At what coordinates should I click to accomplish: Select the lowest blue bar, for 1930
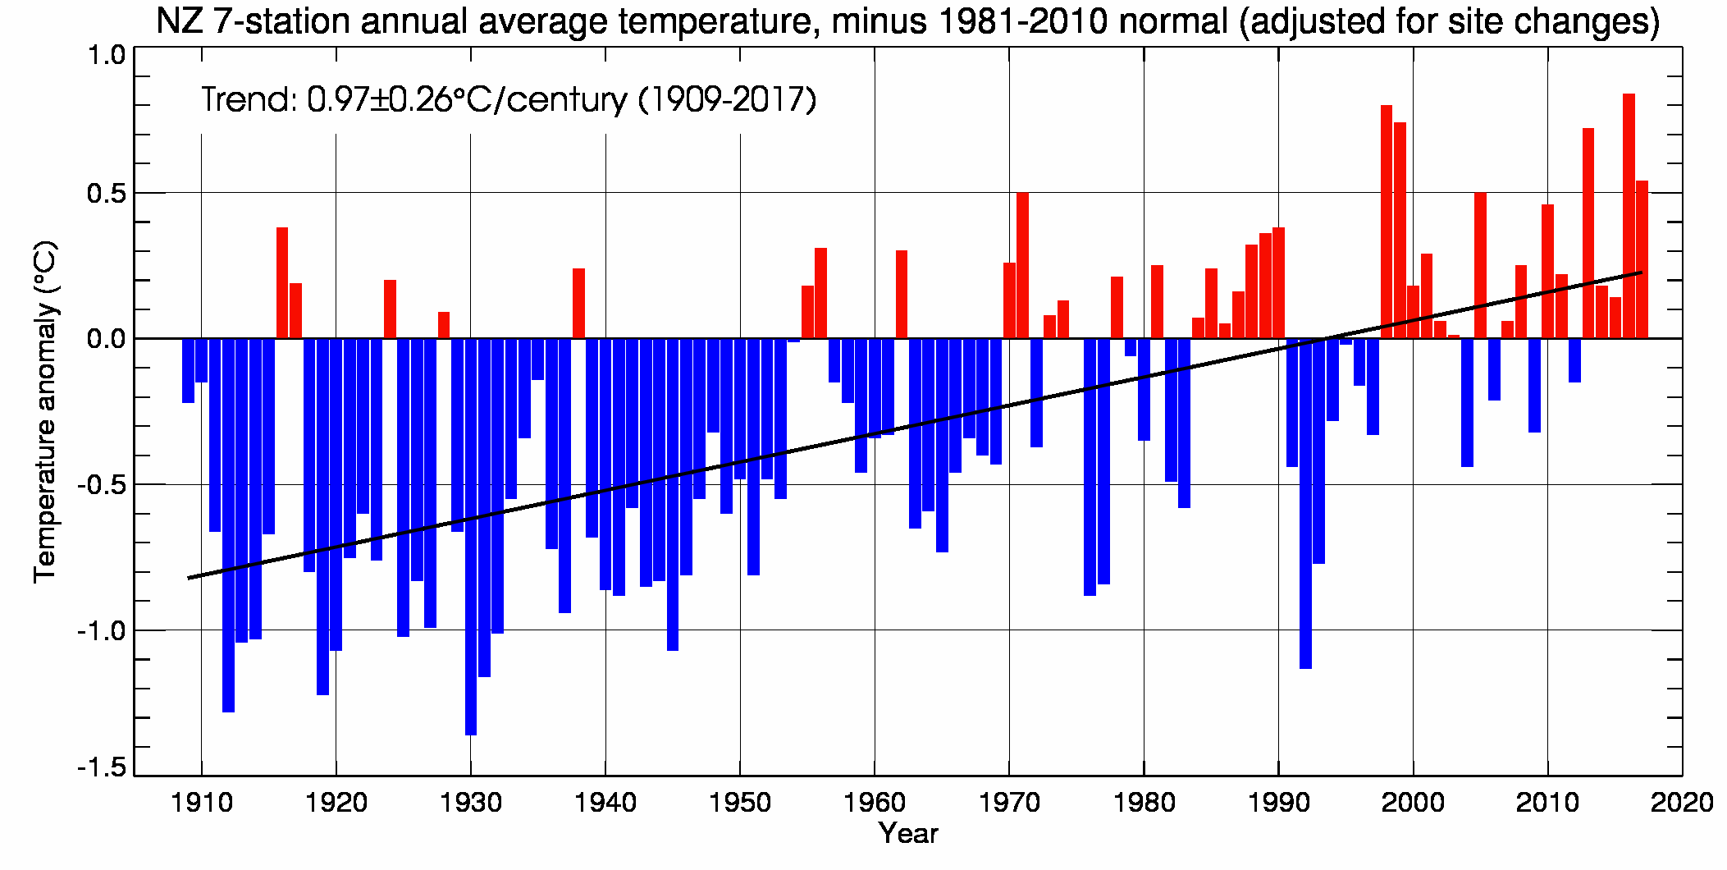tap(471, 537)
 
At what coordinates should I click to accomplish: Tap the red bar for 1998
tap(1387, 222)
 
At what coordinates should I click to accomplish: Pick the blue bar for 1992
tap(1305, 503)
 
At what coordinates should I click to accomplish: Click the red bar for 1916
tap(282, 283)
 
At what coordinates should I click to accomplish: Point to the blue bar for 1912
tap(228, 525)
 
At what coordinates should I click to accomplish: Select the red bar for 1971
tap(1022, 265)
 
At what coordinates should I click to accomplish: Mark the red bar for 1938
tap(578, 304)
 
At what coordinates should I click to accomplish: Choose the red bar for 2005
tap(1480, 265)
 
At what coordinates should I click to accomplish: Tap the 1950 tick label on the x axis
tap(740, 803)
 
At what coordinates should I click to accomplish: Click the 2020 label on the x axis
tap(1682, 803)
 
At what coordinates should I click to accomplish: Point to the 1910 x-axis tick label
tap(202, 803)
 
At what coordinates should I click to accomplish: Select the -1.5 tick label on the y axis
tap(103, 768)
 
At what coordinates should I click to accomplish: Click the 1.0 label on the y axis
tap(107, 55)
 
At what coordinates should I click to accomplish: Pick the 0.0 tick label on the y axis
tap(107, 338)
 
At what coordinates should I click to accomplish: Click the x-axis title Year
tap(908, 834)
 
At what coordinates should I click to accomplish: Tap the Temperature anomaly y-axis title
tap(45, 411)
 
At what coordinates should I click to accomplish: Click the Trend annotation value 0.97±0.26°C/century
tap(467, 100)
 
